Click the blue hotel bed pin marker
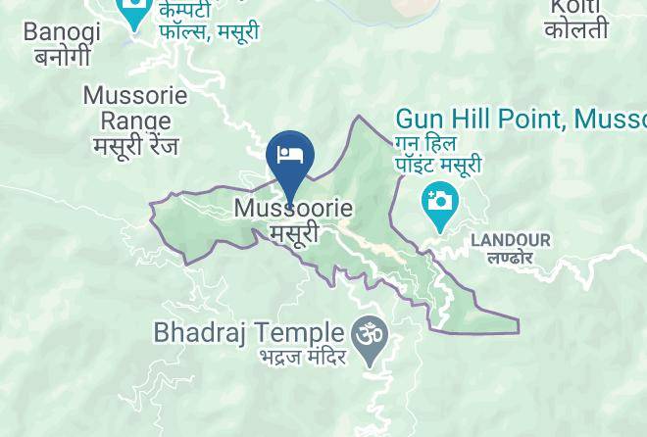tap(289, 156)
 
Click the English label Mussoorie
tap(293, 210)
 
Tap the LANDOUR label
tap(511, 240)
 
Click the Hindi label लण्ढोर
tap(511, 258)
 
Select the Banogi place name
tap(62, 32)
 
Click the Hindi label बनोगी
tap(63, 56)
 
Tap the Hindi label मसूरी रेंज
tap(135, 146)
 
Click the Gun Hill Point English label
tap(520, 120)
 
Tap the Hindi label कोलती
tap(577, 30)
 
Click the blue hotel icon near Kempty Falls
tap(132, 12)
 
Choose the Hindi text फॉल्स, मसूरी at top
tap(210, 31)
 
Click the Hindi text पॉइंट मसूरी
tap(438, 165)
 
